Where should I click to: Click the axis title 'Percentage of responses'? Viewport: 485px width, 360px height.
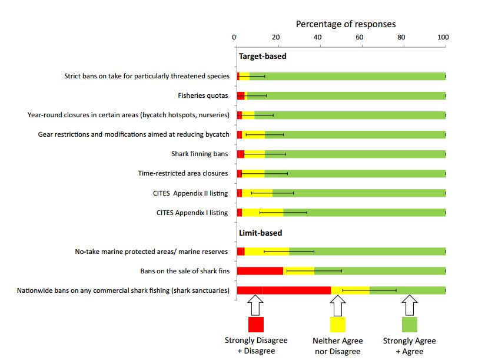pos(346,24)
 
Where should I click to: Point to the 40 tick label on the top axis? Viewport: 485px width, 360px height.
pos(318,37)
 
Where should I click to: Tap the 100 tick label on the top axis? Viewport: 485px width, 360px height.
pos(443,37)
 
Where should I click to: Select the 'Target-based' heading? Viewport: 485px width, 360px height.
pos(262,57)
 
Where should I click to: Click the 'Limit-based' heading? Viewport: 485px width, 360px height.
pos(260,232)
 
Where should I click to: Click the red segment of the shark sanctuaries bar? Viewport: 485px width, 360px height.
pos(283,290)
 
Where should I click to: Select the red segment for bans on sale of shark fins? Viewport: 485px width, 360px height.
pos(260,271)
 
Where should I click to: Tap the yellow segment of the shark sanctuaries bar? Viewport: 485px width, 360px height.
pos(350,290)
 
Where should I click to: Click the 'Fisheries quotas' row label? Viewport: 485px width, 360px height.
pos(202,95)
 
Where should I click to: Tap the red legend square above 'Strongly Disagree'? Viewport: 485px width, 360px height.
pos(255,325)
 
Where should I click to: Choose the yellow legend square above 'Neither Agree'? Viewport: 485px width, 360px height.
pos(337,325)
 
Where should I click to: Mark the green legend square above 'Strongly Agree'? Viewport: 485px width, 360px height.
pos(409,325)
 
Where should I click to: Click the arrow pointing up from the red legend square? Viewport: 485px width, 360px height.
pos(255,306)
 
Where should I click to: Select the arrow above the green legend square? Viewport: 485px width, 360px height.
pos(409,306)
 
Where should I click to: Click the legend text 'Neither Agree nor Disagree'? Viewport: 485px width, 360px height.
pos(337,346)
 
